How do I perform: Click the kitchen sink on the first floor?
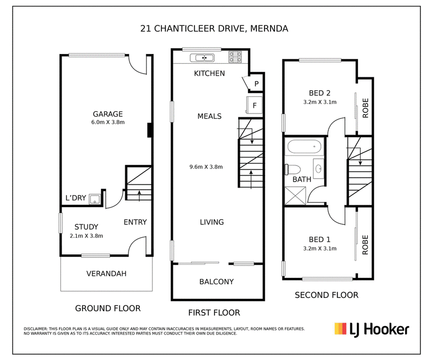coord(202,58)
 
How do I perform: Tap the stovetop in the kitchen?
coord(235,57)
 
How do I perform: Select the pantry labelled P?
coord(255,83)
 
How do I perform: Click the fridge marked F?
coord(254,105)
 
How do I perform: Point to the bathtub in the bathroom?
coord(305,146)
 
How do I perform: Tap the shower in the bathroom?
coord(295,196)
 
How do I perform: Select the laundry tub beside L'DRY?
coord(94,199)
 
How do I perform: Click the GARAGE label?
coord(107,114)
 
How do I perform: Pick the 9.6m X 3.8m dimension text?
coord(206,166)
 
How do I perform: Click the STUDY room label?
coord(86,227)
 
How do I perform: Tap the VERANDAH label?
coord(106,274)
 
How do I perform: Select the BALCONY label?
coord(217,282)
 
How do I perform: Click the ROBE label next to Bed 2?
coord(366,108)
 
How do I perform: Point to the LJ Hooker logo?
coord(372,330)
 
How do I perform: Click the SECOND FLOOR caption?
coord(327,295)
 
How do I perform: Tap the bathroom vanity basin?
coord(318,168)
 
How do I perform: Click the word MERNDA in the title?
coord(269,29)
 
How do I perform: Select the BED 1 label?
coord(320,239)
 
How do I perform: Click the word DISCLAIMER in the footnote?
coord(36,329)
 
